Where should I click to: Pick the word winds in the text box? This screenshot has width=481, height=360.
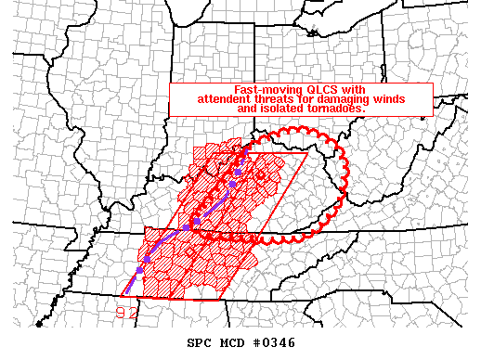(x=396, y=99)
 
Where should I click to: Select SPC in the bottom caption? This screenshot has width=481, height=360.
(x=200, y=342)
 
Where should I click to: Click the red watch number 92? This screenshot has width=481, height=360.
(x=127, y=313)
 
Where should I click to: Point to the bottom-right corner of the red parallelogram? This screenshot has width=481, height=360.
(x=223, y=301)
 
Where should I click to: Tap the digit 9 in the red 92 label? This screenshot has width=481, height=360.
(x=122, y=313)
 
